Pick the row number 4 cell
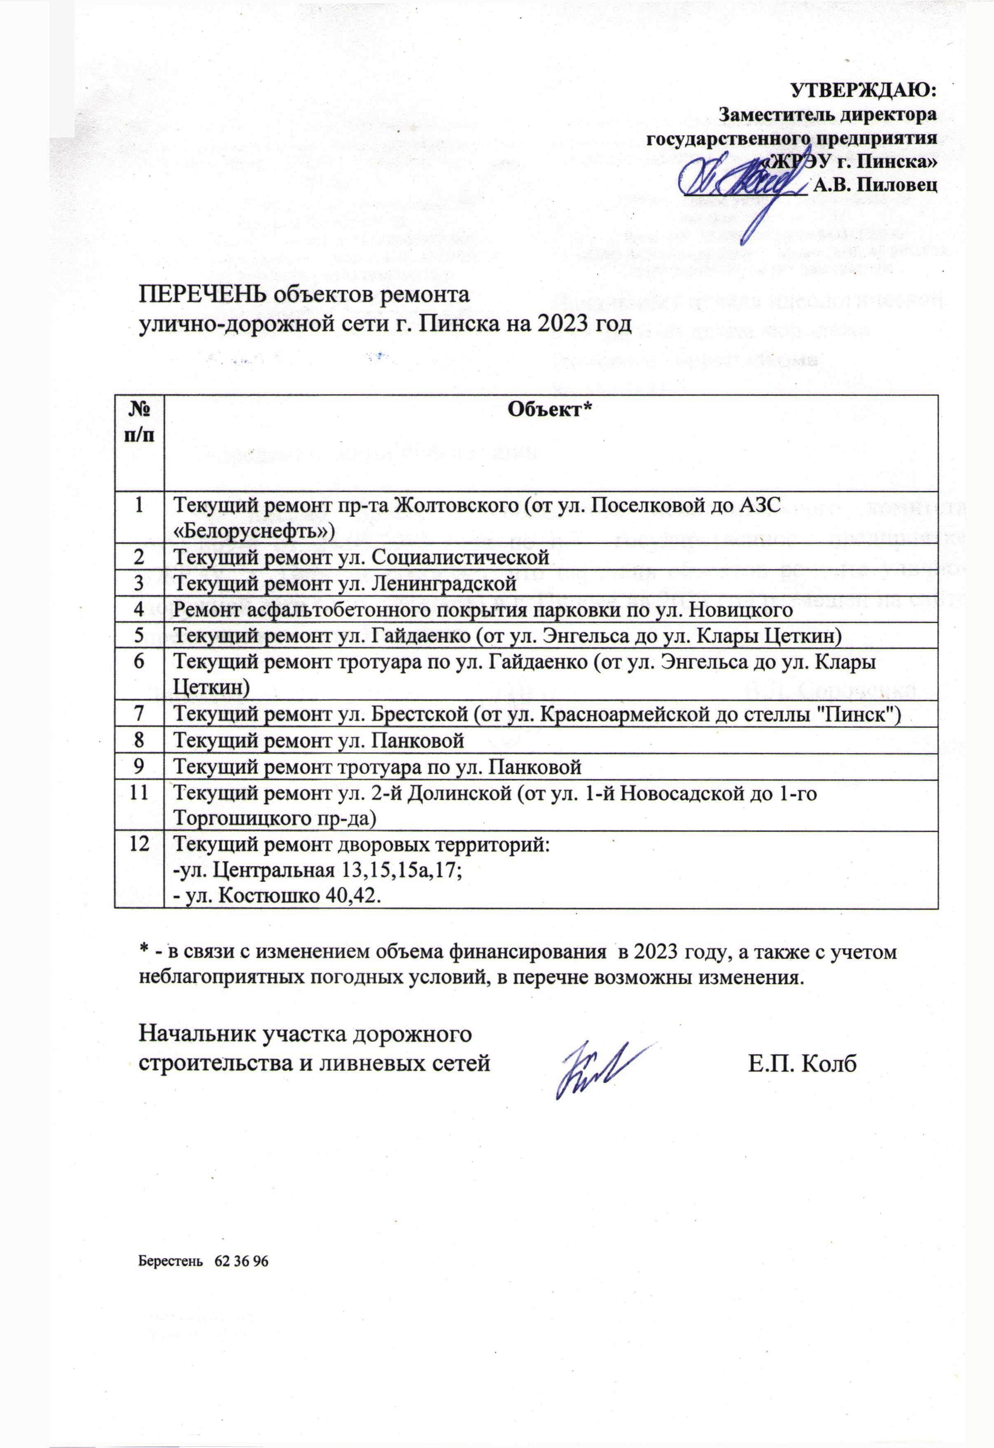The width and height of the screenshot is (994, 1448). pyautogui.click(x=138, y=609)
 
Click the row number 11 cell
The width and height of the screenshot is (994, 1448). pyautogui.click(x=138, y=793)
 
